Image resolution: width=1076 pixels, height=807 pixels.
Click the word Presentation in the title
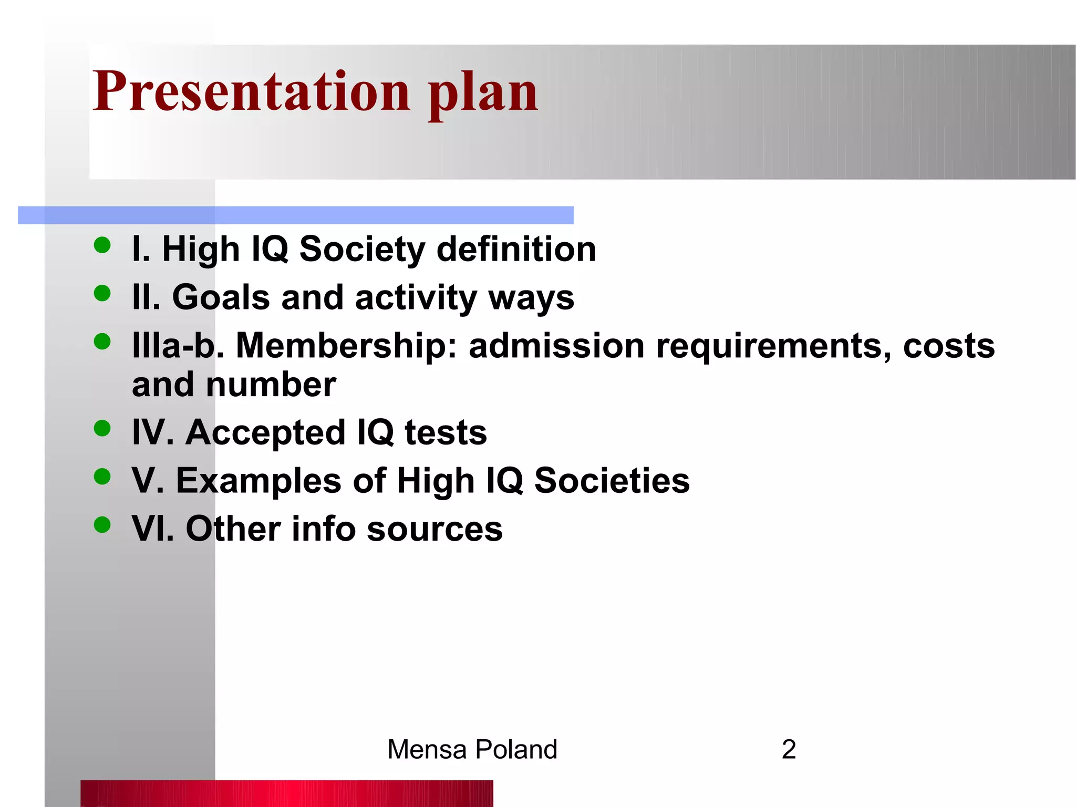click(251, 92)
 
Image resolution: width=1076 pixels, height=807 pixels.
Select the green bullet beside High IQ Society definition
click(102, 245)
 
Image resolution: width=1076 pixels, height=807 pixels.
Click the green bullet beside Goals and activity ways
click(102, 293)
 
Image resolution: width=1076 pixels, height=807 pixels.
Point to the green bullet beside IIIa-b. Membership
click(102, 342)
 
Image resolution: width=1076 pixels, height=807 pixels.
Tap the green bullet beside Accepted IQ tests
click(102, 428)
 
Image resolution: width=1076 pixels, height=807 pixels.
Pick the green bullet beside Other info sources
click(102, 524)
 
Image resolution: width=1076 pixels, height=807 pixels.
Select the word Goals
click(221, 297)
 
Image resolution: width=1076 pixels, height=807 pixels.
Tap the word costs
click(948, 346)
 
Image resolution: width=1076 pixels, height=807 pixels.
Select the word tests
click(446, 432)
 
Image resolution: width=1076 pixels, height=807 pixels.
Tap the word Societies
click(612, 481)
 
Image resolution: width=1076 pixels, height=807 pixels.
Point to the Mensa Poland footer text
click(472, 749)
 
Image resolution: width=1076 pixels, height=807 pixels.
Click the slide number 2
click(789, 749)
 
